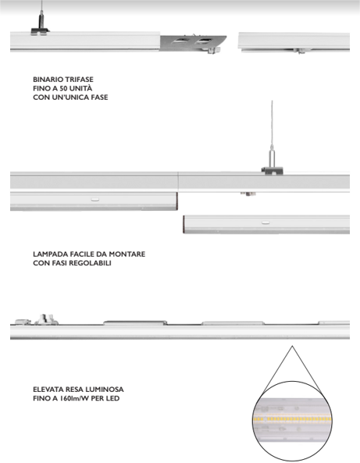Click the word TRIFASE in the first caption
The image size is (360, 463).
[80, 80]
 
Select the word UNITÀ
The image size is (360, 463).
[80, 88]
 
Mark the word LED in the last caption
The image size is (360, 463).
[113, 398]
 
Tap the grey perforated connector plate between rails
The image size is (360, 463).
[194, 43]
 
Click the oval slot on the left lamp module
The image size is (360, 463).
[94, 200]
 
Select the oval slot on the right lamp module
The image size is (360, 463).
[266, 223]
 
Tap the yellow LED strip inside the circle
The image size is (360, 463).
[292, 419]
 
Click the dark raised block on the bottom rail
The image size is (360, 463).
[135, 322]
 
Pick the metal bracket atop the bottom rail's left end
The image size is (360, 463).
[46, 319]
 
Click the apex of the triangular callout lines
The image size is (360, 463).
[292, 346]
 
